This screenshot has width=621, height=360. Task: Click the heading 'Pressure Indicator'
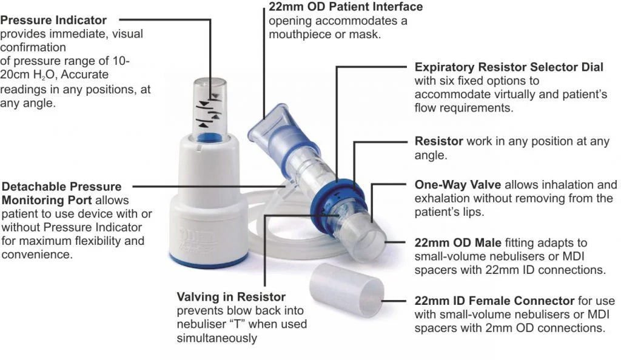click(53, 21)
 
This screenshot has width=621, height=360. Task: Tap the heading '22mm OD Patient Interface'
click(346, 7)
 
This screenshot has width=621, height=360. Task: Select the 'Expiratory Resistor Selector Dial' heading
click(509, 67)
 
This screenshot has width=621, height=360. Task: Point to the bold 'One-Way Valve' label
click(458, 185)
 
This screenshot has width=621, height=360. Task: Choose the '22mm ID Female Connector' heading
click(494, 301)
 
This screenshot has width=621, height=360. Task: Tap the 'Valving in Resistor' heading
click(231, 297)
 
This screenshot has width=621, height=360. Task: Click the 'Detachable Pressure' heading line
click(62, 187)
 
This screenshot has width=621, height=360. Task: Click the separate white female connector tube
click(346, 291)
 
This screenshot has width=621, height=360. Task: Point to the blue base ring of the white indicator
click(209, 260)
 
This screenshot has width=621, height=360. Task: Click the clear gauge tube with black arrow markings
click(212, 106)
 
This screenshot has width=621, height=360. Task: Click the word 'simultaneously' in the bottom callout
click(217, 338)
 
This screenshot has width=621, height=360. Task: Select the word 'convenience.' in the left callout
click(36, 255)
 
